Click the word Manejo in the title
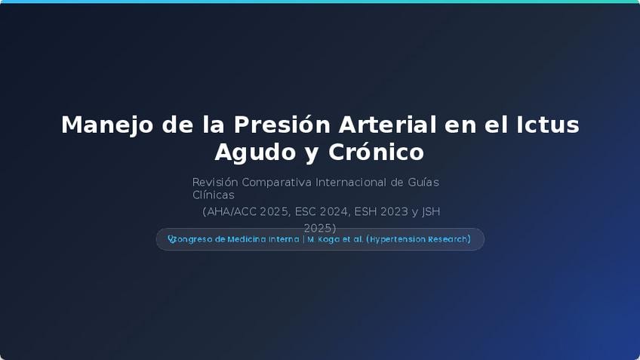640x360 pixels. pyautogui.click(x=107, y=125)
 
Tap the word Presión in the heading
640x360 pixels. pyautogui.click(x=282, y=125)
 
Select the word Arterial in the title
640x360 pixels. pyautogui.click(x=387, y=125)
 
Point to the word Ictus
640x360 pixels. pyautogui.click(x=548, y=125)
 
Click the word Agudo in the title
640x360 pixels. pyautogui.click(x=255, y=152)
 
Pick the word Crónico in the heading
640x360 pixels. pyautogui.click(x=376, y=152)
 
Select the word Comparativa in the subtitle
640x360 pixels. pyautogui.click(x=276, y=182)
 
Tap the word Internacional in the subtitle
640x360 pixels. pyautogui.click(x=351, y=182)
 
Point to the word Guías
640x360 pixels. pyautogui.click(x=423, y=182)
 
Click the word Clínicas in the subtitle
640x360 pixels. pyautogui.click(x=213, y=195)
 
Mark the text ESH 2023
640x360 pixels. pyautogui.click(x=381, y=212)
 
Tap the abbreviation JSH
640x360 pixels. pyautogui.click(x=431, y=212)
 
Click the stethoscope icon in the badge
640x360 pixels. pyautogui.click(x=172, y=239)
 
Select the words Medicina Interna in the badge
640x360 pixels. pyautogui.click(x=263, y=239)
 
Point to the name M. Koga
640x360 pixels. pyautogui.click(x=324, y=239)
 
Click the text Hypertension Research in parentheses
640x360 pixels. pyautogui.click(x=418, y=239)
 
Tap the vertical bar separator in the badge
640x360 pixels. pyautogui.click(x=303, y=239)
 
